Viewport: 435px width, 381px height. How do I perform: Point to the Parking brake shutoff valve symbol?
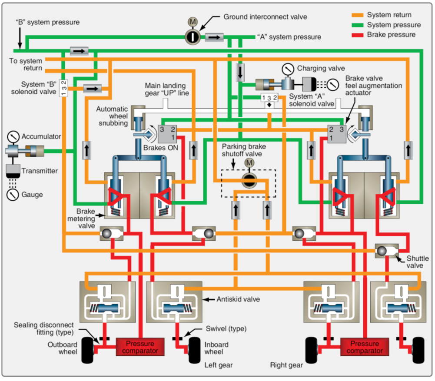click(249, 179)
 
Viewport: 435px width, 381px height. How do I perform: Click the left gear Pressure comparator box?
click(136, 347)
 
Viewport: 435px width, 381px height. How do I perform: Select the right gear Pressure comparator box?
click(362, 347)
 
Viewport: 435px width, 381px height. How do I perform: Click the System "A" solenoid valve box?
click(269, 98)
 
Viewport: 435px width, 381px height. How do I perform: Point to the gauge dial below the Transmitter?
click(13, 195)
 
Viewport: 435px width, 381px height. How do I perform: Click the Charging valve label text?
click(321, 68)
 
